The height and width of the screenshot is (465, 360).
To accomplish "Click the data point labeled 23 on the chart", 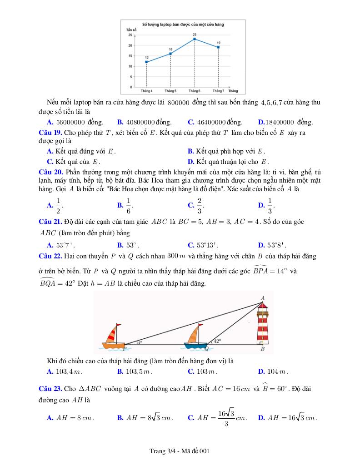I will [x=195, y=39].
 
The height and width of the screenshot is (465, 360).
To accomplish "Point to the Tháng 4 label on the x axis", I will [x=146, y=91].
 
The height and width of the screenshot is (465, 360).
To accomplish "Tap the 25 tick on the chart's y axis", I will [x=130, y=35].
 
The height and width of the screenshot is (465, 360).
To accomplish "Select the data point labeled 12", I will [x=146, y=62].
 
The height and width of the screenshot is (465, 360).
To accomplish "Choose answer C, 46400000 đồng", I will [x=215, y=122].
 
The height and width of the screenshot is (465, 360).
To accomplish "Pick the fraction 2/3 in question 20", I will [x=200, y=205].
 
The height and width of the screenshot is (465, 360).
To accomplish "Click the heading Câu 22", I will [x=50, y=256].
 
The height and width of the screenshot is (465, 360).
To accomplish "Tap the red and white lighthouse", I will [x=263, y=325].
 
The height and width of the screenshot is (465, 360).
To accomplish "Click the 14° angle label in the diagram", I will [x=140, y=343].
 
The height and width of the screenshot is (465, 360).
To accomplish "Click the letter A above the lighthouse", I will [x=262, y=298].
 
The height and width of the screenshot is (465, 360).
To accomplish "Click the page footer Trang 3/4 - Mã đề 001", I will [x=179, y=451].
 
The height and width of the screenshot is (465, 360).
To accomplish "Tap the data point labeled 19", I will [x=218, y=47].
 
